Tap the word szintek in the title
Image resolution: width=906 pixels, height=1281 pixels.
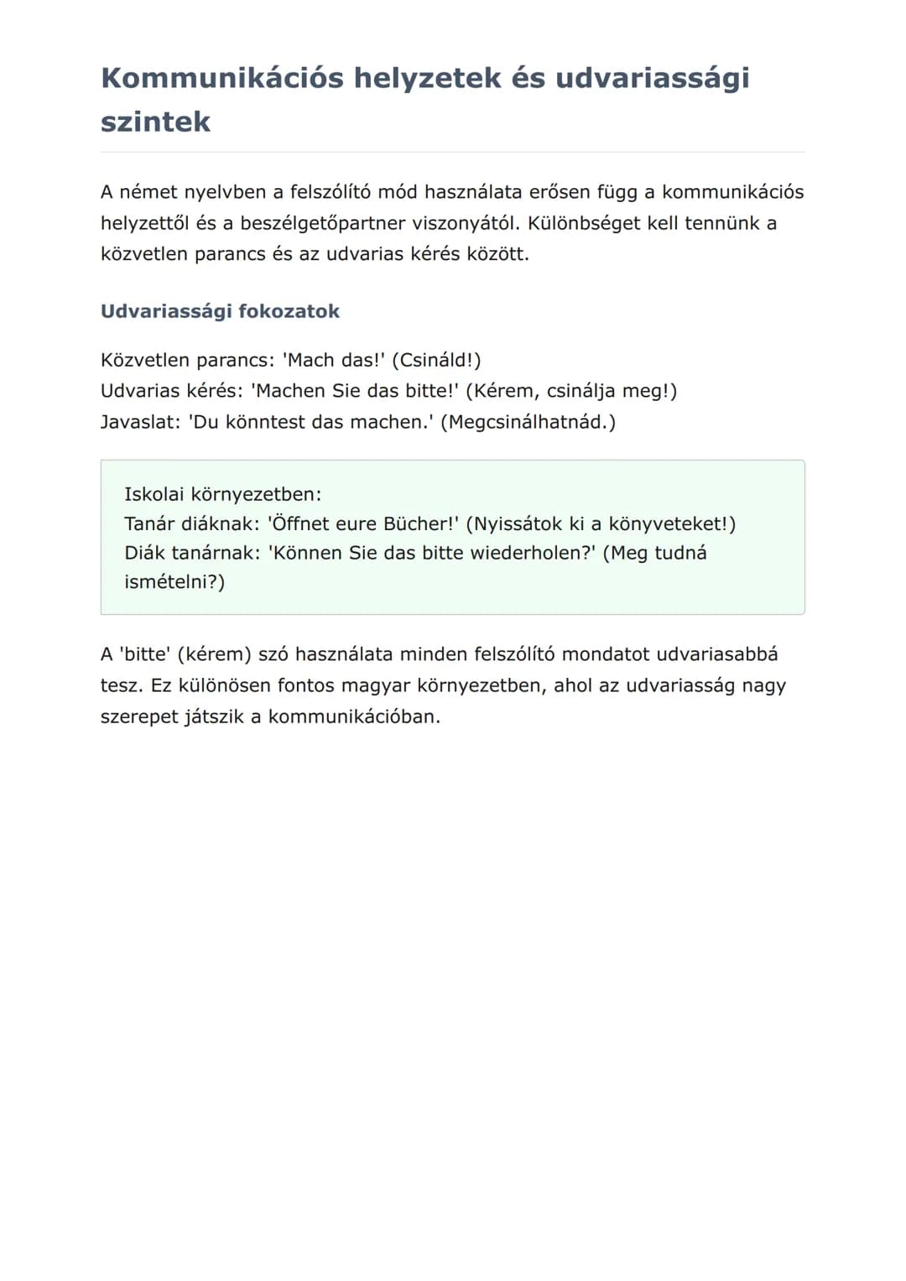pos(155,122)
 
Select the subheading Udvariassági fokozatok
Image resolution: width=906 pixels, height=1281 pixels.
pos(220,311)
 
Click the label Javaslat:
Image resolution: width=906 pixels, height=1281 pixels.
pos(140,421)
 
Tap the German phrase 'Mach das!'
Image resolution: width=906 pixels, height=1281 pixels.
pos(333,360)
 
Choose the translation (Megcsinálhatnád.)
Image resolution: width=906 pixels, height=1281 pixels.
pos(528,421)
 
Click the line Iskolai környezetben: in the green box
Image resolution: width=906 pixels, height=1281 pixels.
pos(222,494)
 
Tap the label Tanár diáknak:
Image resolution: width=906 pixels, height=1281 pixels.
pos(192,523)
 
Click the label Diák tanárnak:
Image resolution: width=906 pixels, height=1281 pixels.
pos(192,553)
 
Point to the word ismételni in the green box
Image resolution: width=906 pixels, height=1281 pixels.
pos(170,582)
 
